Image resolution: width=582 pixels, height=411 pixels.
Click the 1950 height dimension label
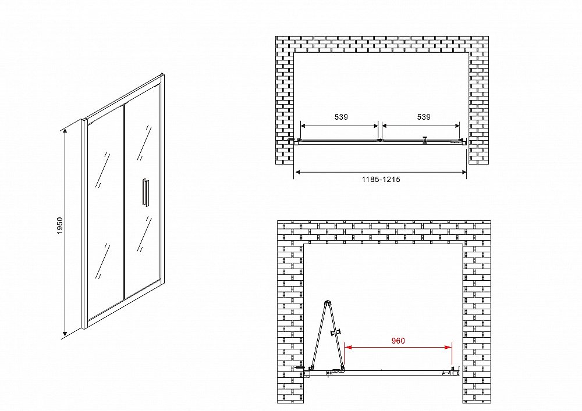[60, 226]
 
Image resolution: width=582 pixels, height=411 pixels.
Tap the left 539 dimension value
[341, 117]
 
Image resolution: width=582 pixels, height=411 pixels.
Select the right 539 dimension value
[424, 117]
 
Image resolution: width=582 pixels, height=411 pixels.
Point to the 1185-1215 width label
[381, 180]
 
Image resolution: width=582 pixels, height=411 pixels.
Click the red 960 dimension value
[398, 341]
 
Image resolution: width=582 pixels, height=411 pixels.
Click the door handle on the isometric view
[144, 191]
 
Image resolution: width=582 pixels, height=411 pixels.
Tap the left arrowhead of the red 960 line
[348, 347]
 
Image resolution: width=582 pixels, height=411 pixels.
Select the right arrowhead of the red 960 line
[448, 347]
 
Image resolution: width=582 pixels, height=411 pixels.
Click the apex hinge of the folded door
[327, 302]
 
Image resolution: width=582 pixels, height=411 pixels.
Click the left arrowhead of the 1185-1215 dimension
[298, 172]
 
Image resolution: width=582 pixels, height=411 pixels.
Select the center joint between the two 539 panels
[379, 140]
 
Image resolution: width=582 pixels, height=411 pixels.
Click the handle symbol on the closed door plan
[425, 140]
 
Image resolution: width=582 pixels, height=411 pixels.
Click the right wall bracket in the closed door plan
[460, 141]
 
